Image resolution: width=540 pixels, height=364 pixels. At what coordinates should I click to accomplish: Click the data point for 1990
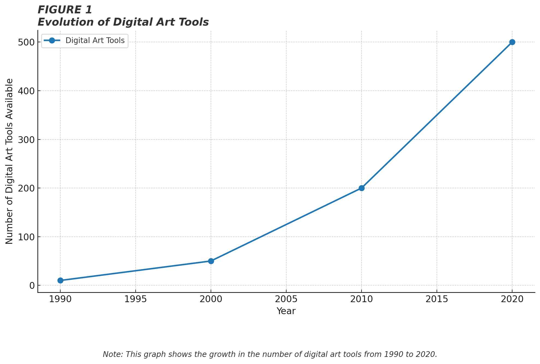click(60, 280)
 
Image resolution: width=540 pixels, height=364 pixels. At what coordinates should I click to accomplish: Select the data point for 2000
click(211, 261)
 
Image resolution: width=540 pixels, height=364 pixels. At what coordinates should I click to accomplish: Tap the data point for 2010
click(362, 188)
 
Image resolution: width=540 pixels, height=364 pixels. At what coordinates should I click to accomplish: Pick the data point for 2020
click(512, 42)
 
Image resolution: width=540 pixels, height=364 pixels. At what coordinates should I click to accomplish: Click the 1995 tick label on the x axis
click(136, 299)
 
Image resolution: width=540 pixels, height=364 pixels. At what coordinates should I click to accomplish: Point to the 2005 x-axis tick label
click(286, 299)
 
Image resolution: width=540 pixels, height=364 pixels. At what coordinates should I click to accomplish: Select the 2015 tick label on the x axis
click(437, 299)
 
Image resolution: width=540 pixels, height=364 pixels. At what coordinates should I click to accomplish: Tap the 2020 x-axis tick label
click(512, 299)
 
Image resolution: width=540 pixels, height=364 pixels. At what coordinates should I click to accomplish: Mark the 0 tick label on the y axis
click(32, 286)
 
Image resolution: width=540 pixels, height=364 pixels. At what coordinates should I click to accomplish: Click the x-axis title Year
click(286, 311)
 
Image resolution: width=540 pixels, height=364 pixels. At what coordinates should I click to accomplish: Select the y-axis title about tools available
click(10, 161)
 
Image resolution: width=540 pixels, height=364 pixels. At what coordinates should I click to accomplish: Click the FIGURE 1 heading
click(65, 10)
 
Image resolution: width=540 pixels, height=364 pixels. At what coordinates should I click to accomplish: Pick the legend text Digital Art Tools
click(95, 41)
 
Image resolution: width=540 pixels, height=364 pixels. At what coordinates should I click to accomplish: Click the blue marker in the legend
click(52, 41)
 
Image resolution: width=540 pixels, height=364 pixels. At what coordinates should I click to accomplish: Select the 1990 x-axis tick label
click(60, 299)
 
